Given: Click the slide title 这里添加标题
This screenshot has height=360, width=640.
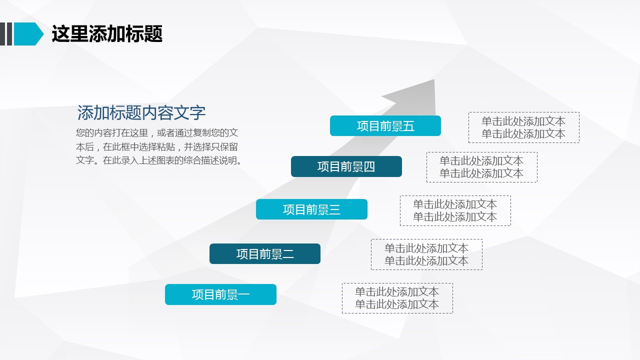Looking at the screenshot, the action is tap(107, 34).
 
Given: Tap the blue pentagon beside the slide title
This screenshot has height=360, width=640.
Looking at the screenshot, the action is tap(28, 34).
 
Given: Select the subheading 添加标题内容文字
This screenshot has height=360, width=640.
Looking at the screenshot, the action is tap(141, 112).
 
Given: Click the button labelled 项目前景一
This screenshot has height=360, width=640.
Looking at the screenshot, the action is tap(220, 294).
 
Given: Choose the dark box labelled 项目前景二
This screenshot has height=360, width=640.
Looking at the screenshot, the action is tap(265, 253).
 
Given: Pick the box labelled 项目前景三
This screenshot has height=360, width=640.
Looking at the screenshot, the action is tap(311, 209).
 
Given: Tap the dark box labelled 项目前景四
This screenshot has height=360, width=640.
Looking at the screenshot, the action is tap(346, 166).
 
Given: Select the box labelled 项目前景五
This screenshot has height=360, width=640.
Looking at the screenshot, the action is tap(385, 125).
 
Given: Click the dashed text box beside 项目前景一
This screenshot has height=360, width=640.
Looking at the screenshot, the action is tap(397, 298).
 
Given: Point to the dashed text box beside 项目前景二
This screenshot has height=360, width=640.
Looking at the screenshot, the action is tap(426, 254).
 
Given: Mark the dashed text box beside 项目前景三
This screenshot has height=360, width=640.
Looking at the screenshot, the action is tap(455, 211).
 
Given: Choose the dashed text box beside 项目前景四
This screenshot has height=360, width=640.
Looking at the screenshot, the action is tap(482, 167).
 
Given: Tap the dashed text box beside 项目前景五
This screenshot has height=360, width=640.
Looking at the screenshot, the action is tap(524, 127).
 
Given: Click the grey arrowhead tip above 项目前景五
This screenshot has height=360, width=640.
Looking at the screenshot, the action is tap(434, 79).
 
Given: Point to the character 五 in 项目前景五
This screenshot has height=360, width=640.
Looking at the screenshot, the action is tap(409, 126).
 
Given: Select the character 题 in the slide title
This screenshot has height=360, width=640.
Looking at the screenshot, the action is tap(153, 34).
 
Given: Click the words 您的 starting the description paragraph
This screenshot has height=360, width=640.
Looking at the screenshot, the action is tap(85, 133).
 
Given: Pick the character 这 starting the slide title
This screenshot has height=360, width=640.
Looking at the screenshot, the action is tap(60, 34).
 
